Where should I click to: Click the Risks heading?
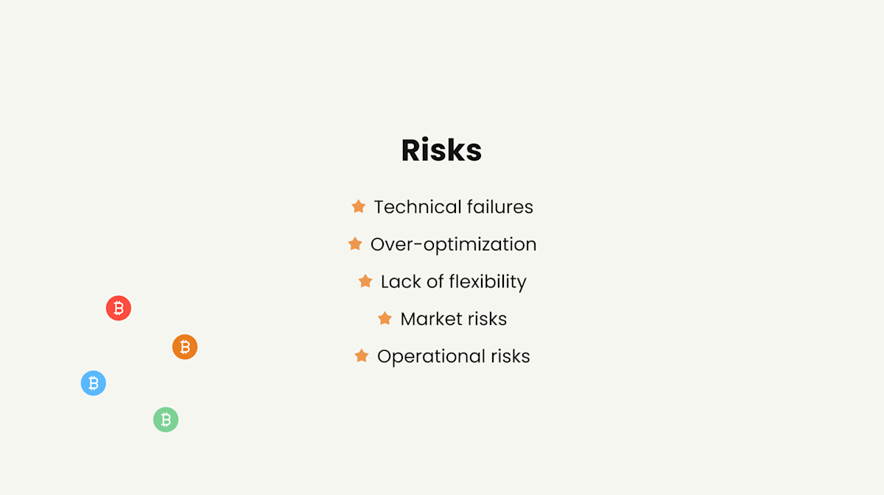click(441, 150)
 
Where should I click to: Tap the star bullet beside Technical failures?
click(359, 207)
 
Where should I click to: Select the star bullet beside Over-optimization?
click(355, 244)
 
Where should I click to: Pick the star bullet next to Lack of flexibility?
click(365, 281)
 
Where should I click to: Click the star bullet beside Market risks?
click(385, 318)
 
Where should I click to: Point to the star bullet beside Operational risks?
click(362, 356)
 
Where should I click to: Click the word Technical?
click(415, 207)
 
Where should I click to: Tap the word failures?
click(497, 207)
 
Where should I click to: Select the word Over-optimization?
click(453, 245)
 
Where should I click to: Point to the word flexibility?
click(487, 282)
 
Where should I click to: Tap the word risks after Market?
click(487, 319)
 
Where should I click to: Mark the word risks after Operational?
click(511, 357)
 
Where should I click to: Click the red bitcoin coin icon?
click(119, 308)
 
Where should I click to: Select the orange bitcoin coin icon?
click(185, 347)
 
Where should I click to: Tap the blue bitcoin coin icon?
click(94, 383)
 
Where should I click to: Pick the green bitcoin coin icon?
click(166, 420)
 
